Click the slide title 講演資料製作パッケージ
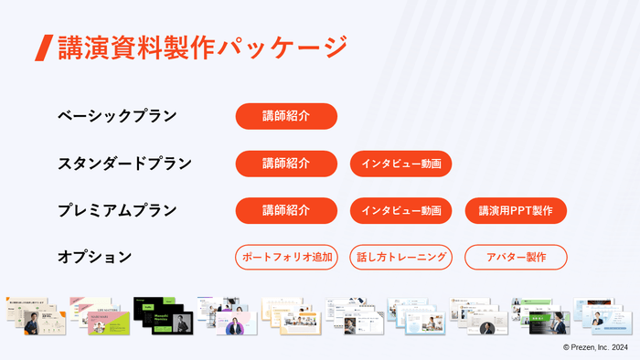pos(202,47)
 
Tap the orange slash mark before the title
pos(42,48)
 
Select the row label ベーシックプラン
pos(117,116)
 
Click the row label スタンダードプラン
pos(124,164)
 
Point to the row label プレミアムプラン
pos(117,210)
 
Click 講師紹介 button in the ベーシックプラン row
pos(286,116)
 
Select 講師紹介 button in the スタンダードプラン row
pos(286,164)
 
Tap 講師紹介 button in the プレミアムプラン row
pos(286,210)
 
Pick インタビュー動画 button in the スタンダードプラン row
pos(400,164)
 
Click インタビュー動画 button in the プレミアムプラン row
pos(400,210)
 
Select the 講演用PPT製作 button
pos(516,210)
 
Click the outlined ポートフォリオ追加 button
pos(286,257)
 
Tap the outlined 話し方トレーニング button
pos(400,257)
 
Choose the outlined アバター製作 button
pos(516,257)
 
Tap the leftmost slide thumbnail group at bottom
pos(35,315)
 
